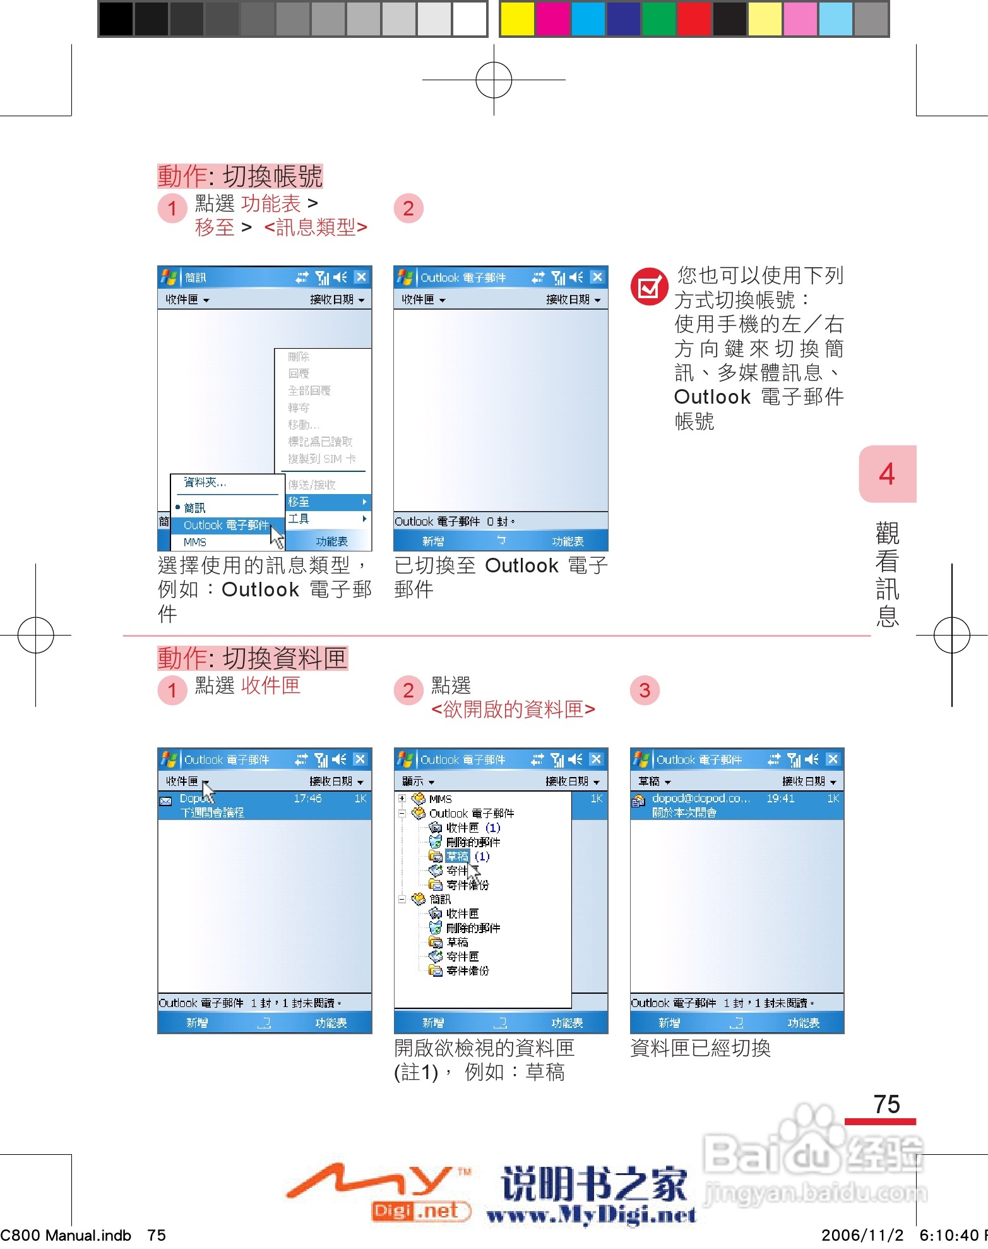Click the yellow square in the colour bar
tap(516, 18)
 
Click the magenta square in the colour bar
tap(552, 18)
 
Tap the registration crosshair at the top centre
tap(494, 80)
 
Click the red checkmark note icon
tap(649, 287)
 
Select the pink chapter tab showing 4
tap(887, 474)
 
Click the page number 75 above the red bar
tap(886, 1104)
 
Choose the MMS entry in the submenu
tap(195, 542)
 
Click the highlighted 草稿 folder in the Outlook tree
tap(457, 857)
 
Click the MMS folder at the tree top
tap(439, 799)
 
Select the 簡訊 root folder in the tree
tap(439, 899)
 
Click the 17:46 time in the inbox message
tap(307, 799)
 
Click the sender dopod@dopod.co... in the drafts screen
tap(700, 799)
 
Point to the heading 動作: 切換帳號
tap(240, 176)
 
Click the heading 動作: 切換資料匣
tap(253, 658)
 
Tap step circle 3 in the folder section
tap(645, 690)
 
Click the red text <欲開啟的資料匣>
tap(513, 709)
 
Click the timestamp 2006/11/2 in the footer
tap(862, 1235)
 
